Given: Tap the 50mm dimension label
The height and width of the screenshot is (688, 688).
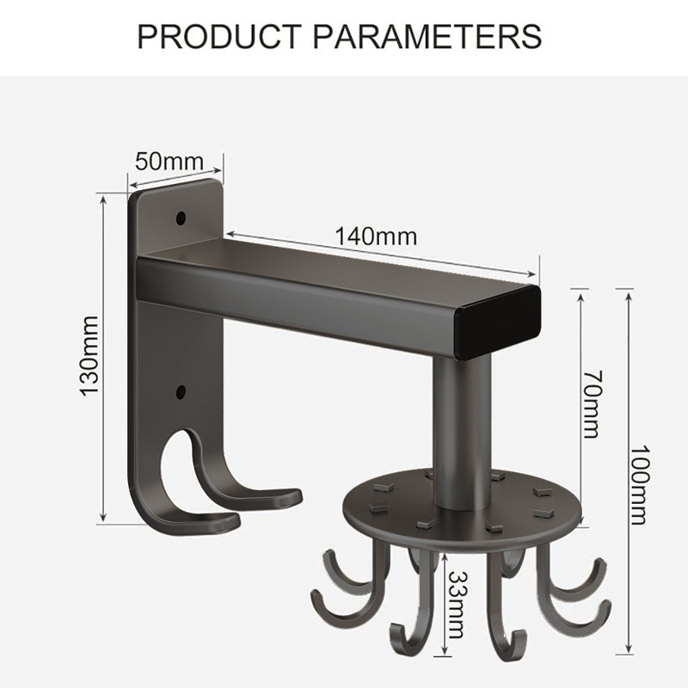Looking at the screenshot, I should (170, 161).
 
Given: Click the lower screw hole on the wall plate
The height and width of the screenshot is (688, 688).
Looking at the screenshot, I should (181, 393).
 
